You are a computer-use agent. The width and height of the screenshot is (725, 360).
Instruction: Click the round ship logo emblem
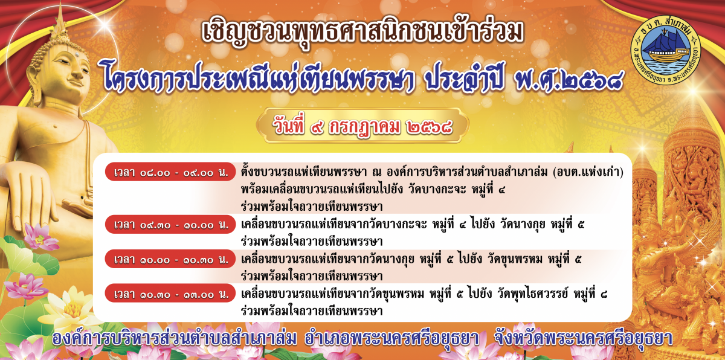pos(665,50)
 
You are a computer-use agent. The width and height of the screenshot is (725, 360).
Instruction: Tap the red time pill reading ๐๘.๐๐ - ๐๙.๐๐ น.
pos(170,172)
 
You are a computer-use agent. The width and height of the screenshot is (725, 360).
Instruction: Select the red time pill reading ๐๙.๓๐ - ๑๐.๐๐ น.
pos(170,224)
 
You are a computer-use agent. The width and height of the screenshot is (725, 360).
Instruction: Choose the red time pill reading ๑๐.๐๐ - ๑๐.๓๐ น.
pos(170,259)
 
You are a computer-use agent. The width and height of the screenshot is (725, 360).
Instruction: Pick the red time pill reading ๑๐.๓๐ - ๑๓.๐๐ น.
pos(170,294)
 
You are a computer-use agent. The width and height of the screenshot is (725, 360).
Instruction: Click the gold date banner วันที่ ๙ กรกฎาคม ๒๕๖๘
pos(362,126)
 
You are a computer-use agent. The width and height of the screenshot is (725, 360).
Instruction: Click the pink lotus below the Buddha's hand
pos(40,237)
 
